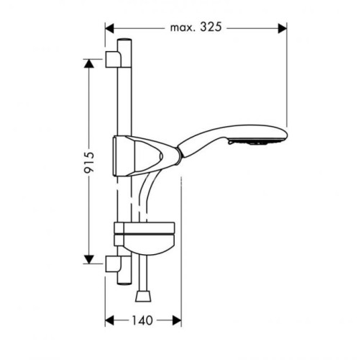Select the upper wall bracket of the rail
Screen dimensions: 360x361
pyautogui.click(x=114, y=58)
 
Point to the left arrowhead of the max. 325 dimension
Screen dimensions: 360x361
pyautogui.click(x=110, y=28)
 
